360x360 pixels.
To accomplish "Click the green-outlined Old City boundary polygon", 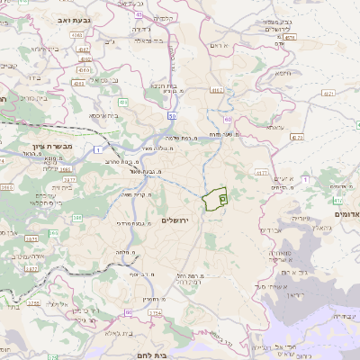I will (x=216, y=199).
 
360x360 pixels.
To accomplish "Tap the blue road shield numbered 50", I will (x=171, y=116).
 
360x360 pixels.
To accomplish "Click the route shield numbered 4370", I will (x=296, y=137).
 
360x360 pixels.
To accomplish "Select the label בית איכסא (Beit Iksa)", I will (x=101, y=115).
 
